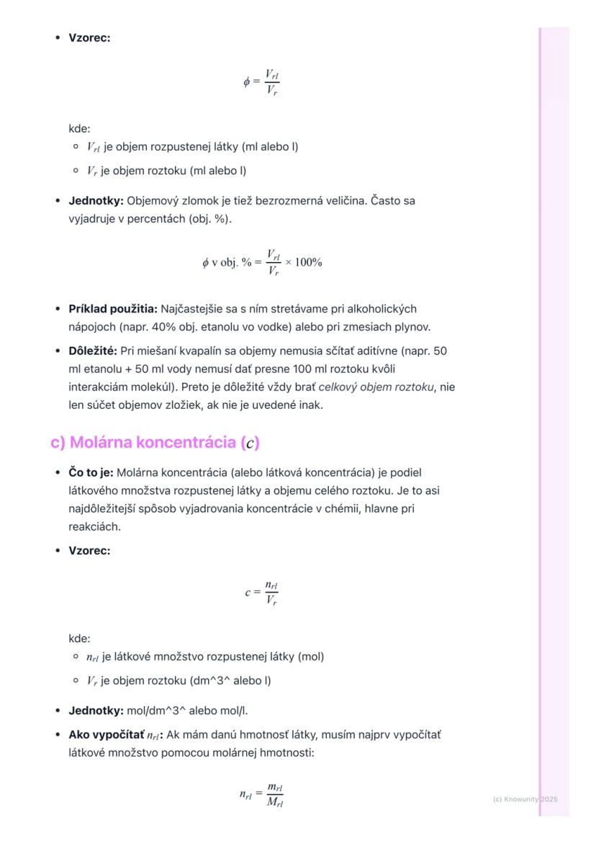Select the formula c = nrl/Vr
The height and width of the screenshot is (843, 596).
coord(261,593)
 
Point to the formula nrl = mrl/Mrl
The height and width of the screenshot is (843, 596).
coord(261,795)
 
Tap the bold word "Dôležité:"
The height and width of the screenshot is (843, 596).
coord(93,351)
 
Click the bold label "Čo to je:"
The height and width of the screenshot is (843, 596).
coord(91,473)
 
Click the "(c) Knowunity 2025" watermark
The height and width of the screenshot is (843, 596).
coord(525,799)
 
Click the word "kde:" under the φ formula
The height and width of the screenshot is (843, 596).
coord(79,129)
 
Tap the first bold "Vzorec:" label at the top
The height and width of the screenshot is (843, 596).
coord(89,38)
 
